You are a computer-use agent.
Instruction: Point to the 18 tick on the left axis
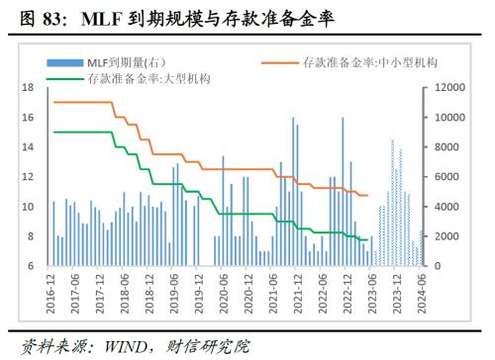tap(29, 88)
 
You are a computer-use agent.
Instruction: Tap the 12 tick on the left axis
tap(29, 177)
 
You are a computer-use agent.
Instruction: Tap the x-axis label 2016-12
tap(50, 293)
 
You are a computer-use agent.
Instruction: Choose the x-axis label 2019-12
tap(199, 293)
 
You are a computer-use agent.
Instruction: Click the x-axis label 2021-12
tap(298, 293)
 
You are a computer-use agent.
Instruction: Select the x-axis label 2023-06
tap(372, 293)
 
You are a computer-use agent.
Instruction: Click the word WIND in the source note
tap(120, 346)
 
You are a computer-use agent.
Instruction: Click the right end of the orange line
tap(367, 195)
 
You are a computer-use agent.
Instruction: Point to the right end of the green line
tap(367, 239)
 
